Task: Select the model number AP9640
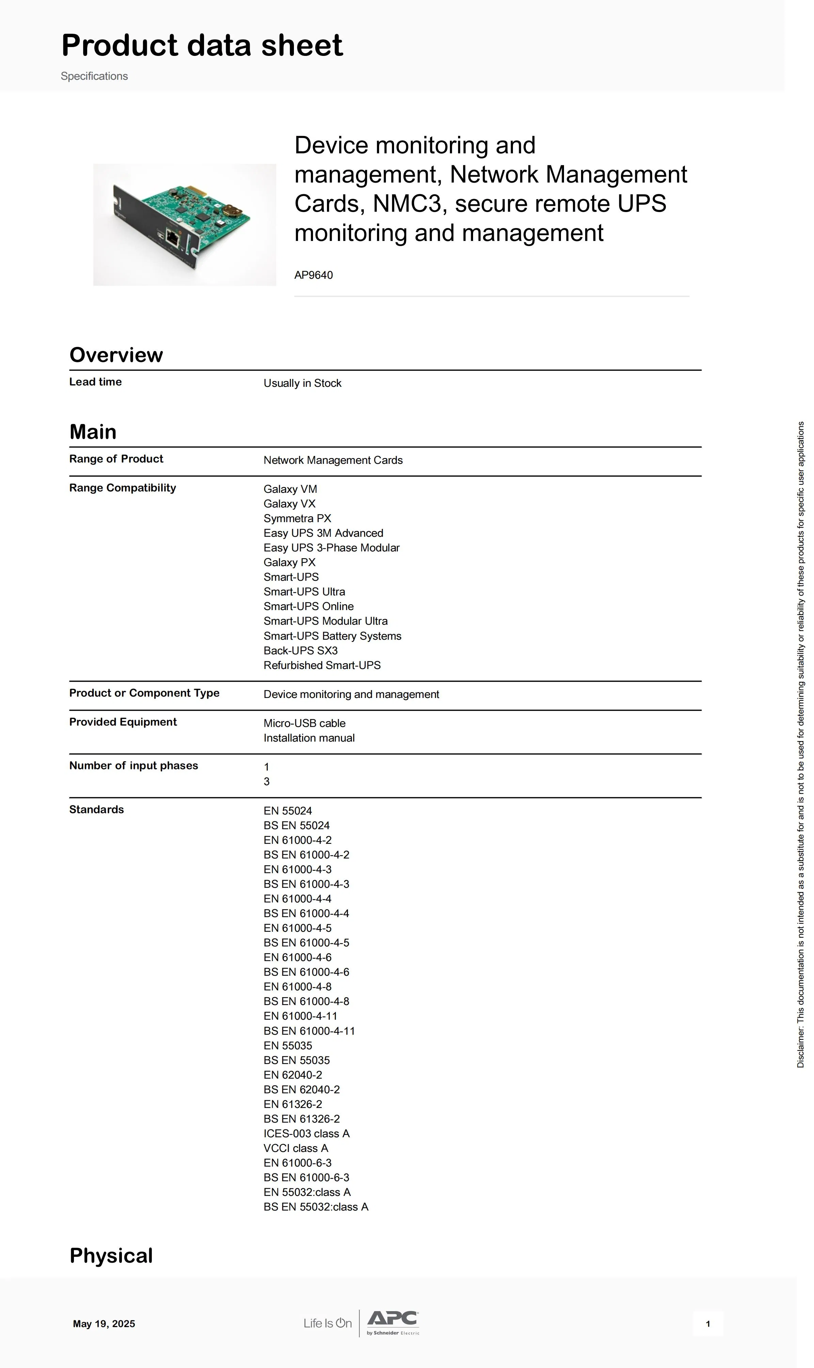[x=313, y=275]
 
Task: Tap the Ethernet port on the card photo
[x=172, y=238]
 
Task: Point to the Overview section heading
[x=116, y=355]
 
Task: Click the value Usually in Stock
[x=302, y=383]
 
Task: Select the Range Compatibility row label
[x=122, y=488]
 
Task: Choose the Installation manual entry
[x=309, y=738]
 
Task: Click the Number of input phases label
[x=133, y=765]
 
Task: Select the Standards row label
[x=96, y=809]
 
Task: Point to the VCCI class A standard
[x=296, y=1148]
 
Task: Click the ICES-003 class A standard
[x=306, y=1133]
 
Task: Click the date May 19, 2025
[x=104, y=1324]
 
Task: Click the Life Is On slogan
[x=327, y=1323]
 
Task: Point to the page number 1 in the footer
[x=708, y=1324]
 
